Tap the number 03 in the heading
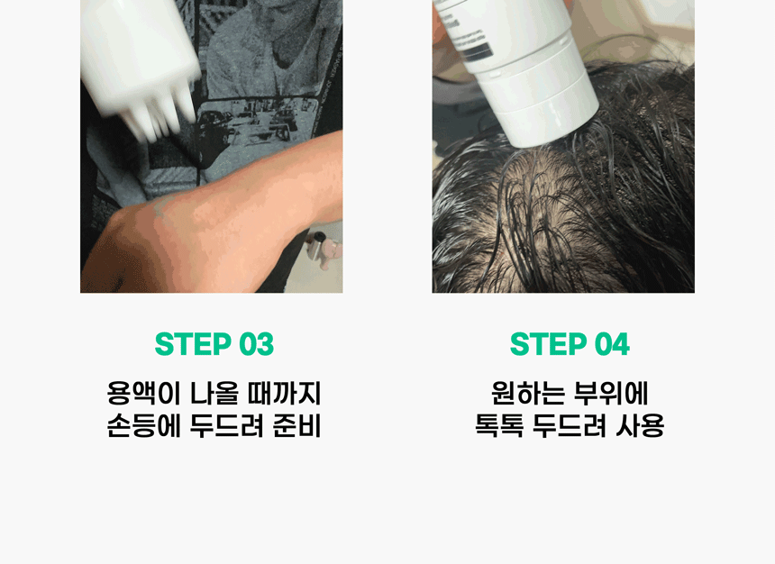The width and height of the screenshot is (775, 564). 257,344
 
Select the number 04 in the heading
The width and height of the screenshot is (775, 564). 612,344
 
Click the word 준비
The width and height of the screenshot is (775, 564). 296,425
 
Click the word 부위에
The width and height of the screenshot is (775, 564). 611,393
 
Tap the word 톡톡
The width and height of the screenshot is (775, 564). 498,425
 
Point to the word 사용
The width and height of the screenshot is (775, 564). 640,425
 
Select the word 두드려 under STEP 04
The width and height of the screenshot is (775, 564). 570,425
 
